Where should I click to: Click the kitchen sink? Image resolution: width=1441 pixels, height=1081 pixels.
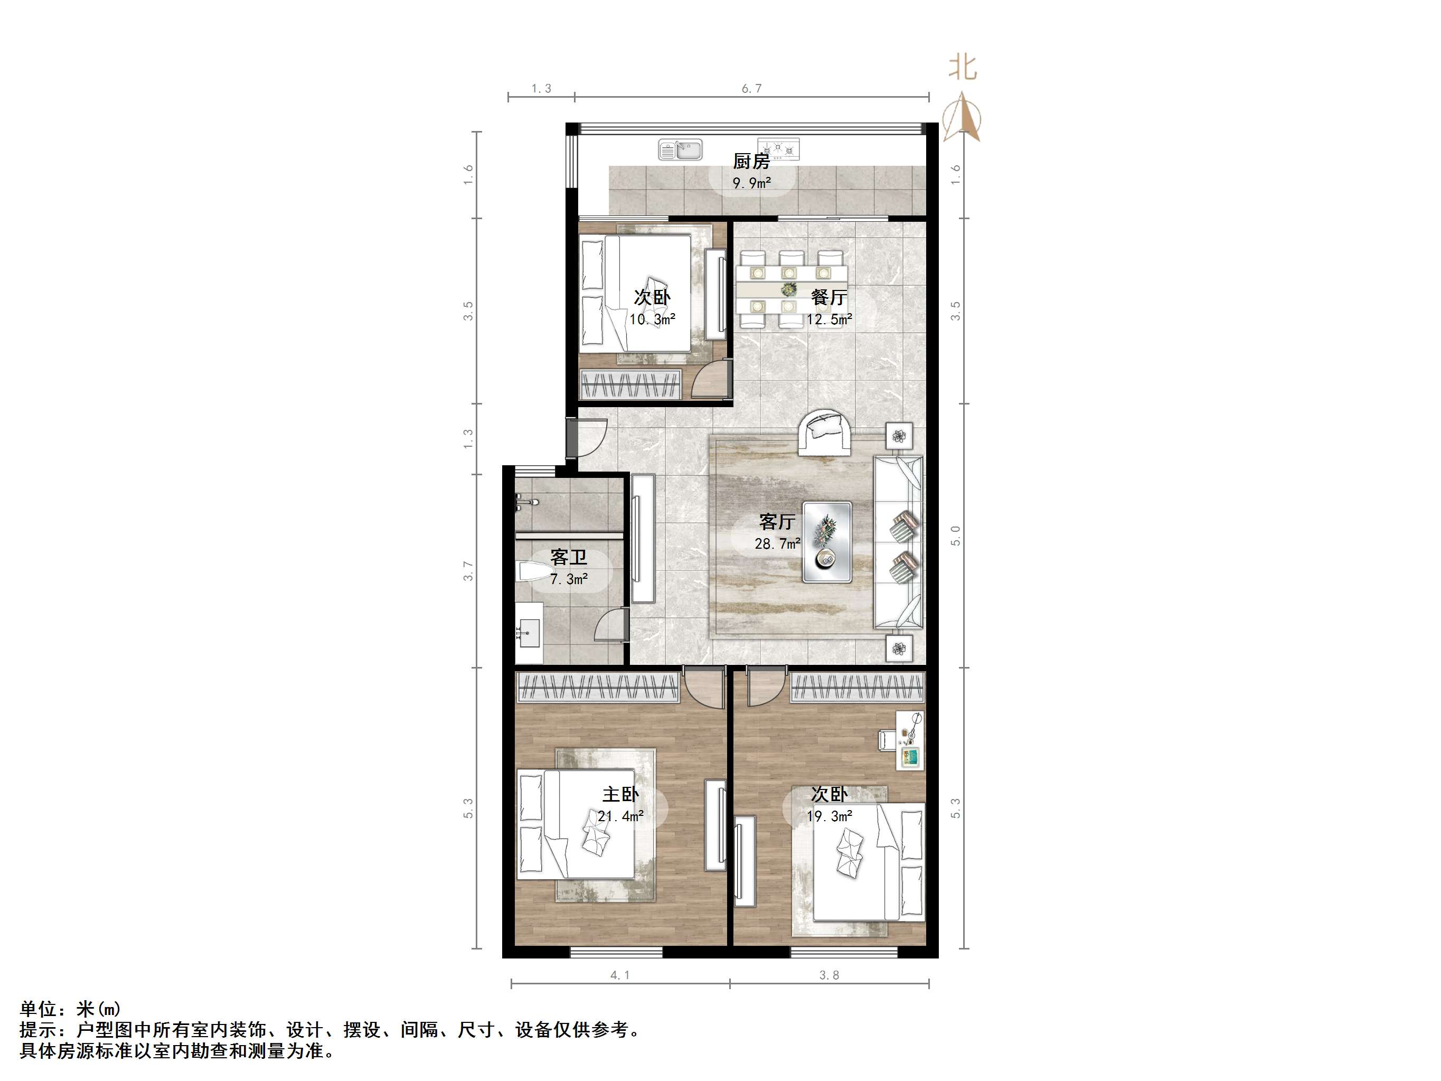(680, 150)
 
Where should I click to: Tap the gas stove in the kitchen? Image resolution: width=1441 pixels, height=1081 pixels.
(778, 149)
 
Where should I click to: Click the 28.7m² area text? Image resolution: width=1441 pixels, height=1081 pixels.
(777, 543)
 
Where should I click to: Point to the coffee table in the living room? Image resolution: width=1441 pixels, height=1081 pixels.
(827, 541)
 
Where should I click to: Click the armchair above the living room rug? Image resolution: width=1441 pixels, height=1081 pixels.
(824, 433)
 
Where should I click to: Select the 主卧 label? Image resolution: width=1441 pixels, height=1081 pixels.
(620, 794)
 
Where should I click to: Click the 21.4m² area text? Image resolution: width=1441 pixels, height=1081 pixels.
(621, 816)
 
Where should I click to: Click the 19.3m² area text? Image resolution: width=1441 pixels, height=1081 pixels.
(830, 816)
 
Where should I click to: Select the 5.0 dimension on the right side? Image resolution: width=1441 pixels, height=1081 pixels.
(956, 535)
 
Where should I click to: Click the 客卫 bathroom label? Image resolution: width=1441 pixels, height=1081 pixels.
(569, 557)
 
